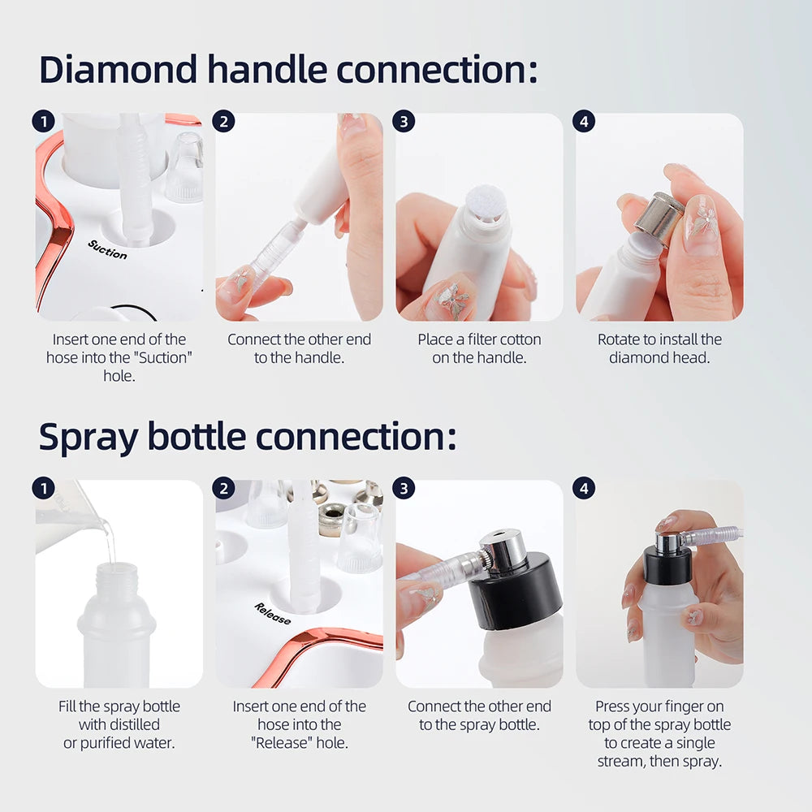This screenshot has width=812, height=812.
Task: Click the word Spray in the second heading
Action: pos(88,437)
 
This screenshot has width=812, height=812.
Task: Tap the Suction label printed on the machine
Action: pos(107,248)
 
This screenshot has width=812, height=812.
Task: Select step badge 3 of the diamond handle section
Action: pos(404,122)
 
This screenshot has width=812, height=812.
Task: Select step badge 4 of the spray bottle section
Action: pos(584,489)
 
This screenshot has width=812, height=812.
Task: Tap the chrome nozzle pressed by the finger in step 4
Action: pos(667,542)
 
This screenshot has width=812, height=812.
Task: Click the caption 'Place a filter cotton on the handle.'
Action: pos(479,348)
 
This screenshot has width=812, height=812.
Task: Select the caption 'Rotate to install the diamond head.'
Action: pos(659,348)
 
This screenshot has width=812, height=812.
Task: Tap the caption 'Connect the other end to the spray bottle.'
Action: pos(479,715)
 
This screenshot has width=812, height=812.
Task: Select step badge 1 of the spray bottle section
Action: pos(43,489)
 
